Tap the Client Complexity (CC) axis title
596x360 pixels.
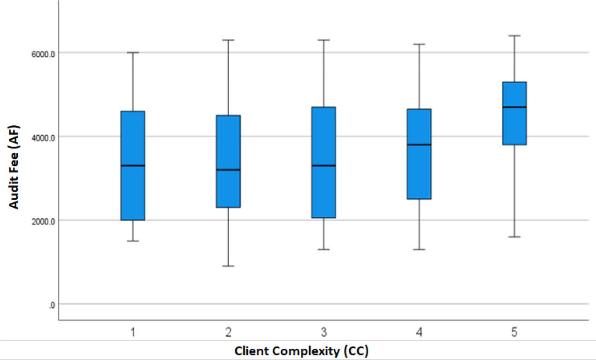tap(301, 351)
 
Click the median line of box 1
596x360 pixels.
tap(133, 165)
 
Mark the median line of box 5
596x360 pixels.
tap(514, 107)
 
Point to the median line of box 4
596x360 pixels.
tap(419, 145)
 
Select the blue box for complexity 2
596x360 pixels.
tap(228, 186)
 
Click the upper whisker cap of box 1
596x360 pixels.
tap(133, 53)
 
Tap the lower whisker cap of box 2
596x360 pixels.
tap(228, 266)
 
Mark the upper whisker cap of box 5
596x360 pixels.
tap(514, 35)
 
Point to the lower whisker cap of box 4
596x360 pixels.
tap(419, 249)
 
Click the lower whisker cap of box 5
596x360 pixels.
tap(514, 237)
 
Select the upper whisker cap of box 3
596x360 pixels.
tap(324, 40)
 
